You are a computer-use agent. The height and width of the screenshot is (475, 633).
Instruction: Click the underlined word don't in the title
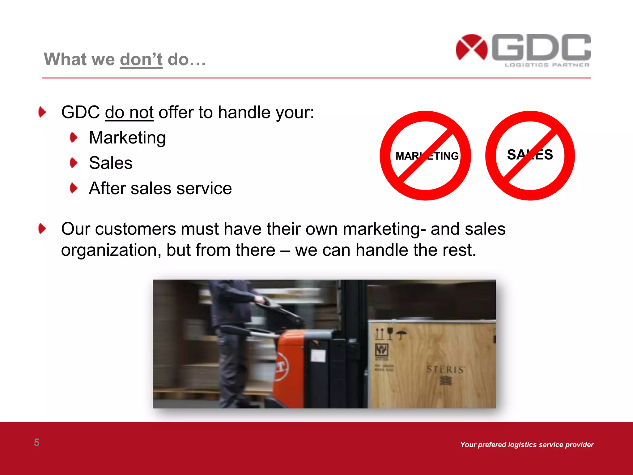pyautogui.click(x=141, y=59)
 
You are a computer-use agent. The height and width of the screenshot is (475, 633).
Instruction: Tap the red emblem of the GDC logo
pyautogui.click(x=471, y=47)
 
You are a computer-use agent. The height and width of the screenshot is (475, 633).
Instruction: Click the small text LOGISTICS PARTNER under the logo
pyautogui.click(x=547, y=65)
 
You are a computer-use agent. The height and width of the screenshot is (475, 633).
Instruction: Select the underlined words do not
pyautogui.click(x=129, y=112)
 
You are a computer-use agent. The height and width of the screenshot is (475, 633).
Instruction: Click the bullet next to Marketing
pyautogui.click(x=74, y=138)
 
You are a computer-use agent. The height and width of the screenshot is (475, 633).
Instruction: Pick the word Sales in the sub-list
pyautogui.click(x=111, y=163)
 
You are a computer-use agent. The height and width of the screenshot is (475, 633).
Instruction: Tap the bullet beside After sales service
pyautogui.click(x=74, y=188)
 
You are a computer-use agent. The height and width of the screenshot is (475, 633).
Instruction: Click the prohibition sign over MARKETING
pyautogui.click(x=425, y=156)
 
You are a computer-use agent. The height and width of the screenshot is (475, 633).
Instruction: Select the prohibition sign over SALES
pyautogui.click(x=530, y=156)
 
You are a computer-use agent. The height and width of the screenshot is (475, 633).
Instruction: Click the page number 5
pyautogui.click(x=36, y=443)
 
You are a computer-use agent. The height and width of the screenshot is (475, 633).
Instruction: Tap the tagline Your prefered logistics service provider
pyautogui.click(x=527, y=445)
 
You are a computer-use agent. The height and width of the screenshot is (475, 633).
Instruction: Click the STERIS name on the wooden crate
pyautogui.click(x=445, y=369)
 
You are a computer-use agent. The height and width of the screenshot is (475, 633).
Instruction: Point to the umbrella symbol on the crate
pyautogui.click(x=401, y=334)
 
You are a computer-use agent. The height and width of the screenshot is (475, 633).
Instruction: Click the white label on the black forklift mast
pyautogui.click(x=318, y=356)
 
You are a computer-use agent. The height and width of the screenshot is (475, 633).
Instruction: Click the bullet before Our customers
pyautogui.click(x=42, y=229)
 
